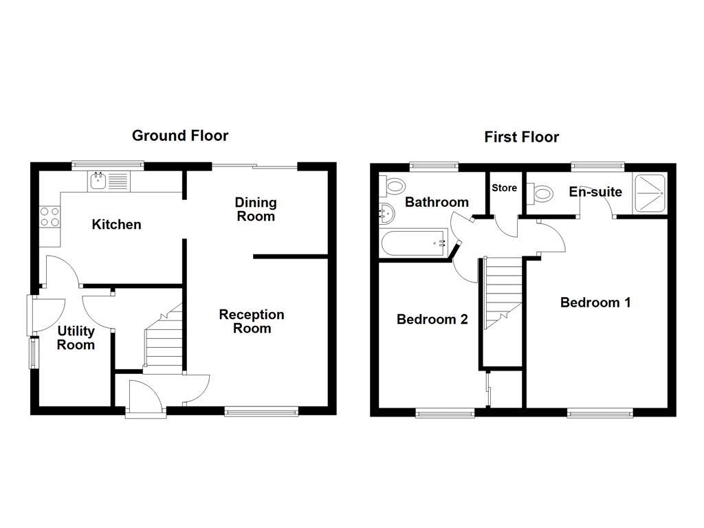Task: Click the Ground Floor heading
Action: pos(180,135)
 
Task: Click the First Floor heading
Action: pos(521,137)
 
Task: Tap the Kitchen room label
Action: pos(117,225)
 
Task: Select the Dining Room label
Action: pos(256,209)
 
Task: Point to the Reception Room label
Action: pos(252,321)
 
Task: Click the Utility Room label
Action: pos(76,338)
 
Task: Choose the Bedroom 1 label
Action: pos(595,302)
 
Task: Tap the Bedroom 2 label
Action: pos(432,320)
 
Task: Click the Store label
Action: pos(504,188)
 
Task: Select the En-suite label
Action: pos(595,192)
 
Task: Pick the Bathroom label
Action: pos(437,202)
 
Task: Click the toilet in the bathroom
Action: pos(394,185)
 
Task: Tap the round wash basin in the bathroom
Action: pos(386,214)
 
